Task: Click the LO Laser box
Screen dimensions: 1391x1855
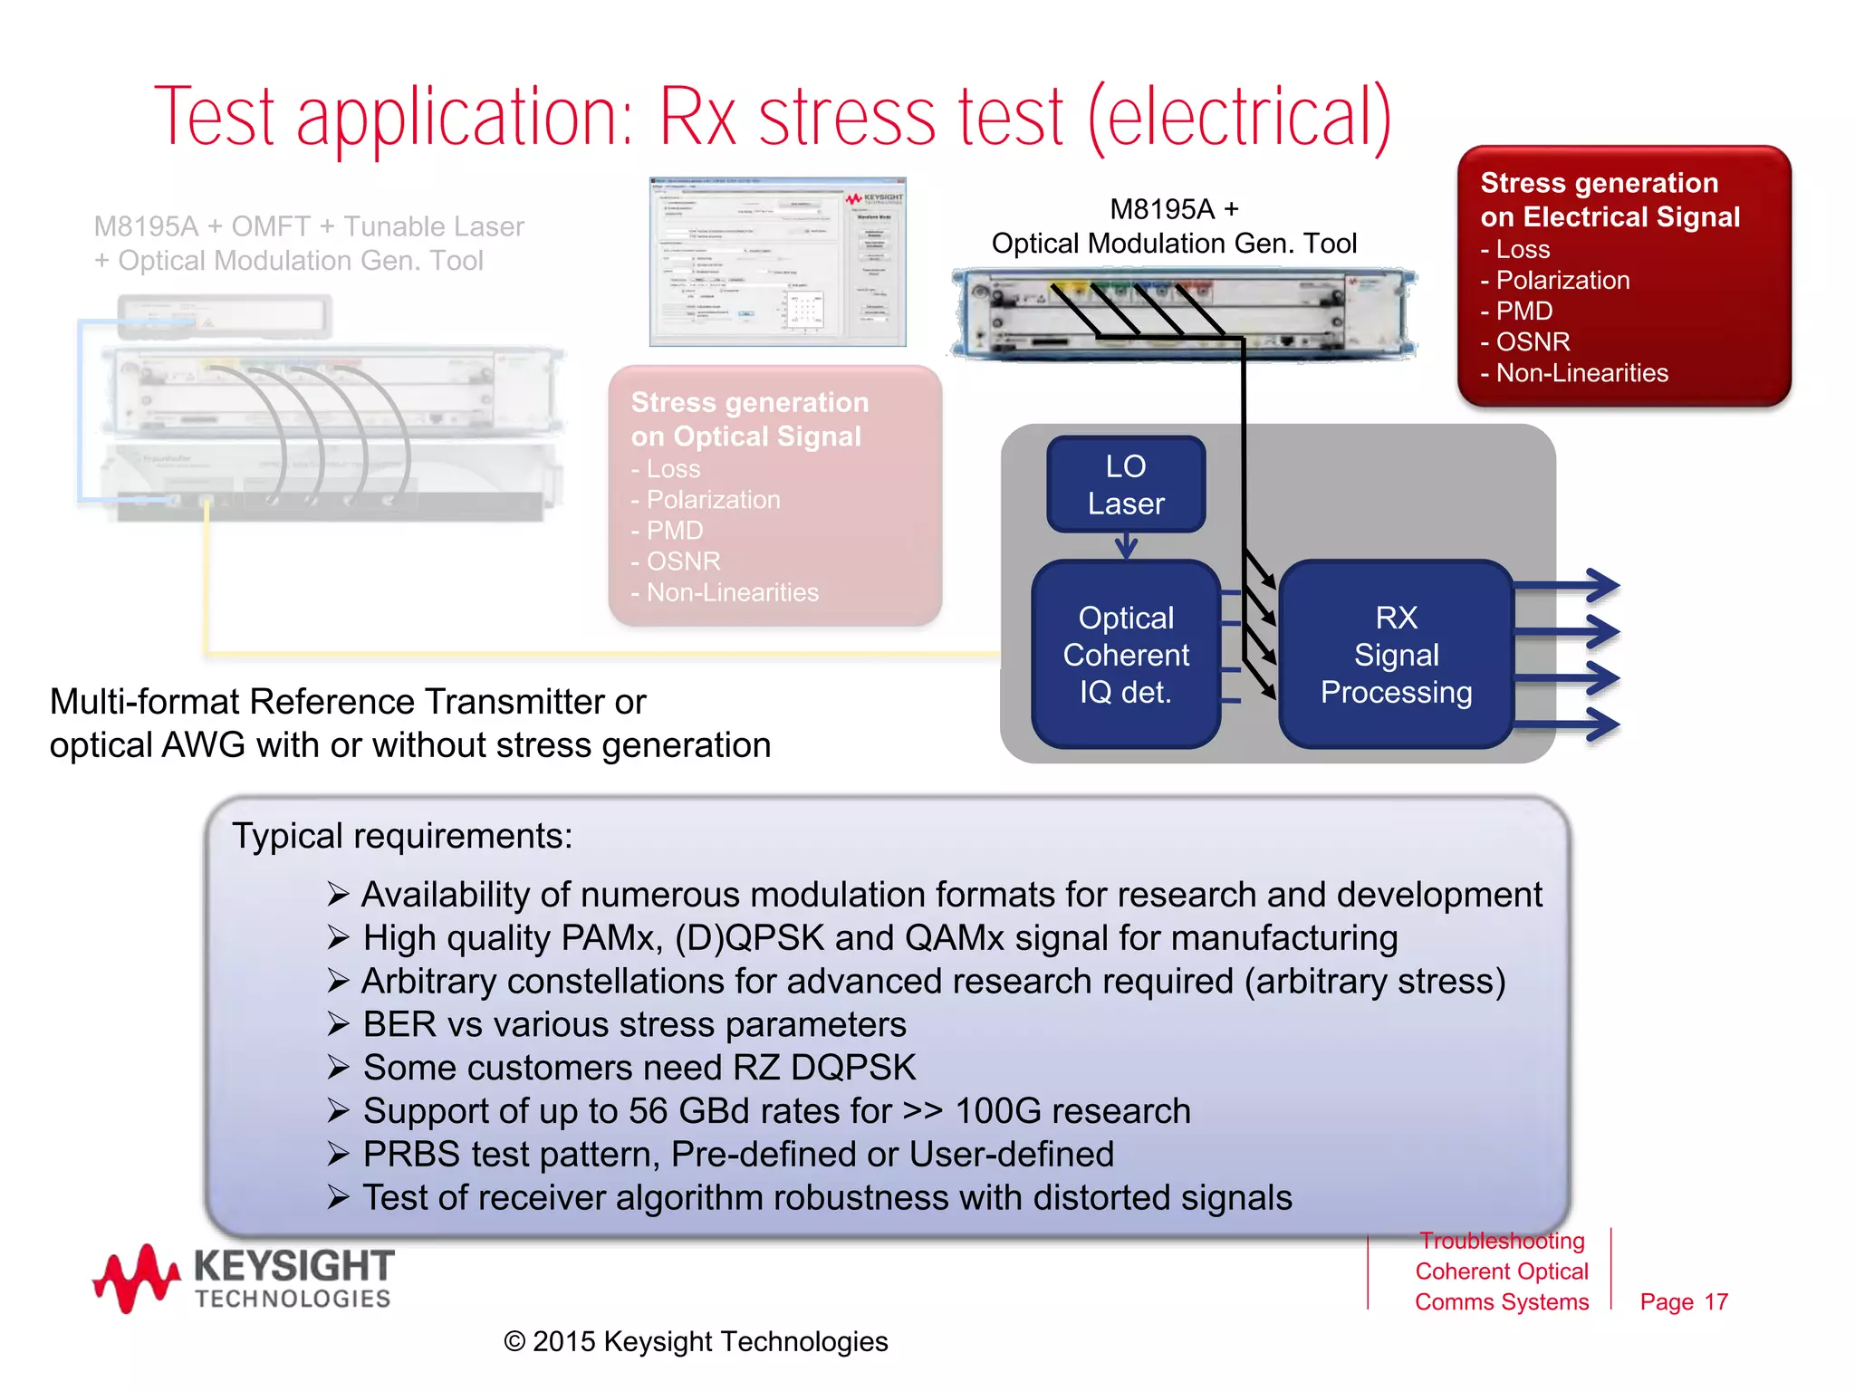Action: point(1125,484)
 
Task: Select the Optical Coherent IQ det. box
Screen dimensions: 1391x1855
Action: point(1125,654)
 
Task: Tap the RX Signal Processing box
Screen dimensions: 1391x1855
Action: point(1396,654)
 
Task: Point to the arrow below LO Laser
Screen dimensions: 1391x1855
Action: point(1126,545)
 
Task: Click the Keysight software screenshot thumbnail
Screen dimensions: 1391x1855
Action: point(777,262)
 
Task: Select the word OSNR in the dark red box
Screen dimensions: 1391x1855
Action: point(1533,342)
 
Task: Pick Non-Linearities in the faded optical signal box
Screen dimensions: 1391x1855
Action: point(732,592)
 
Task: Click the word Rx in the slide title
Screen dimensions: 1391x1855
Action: point(697,118)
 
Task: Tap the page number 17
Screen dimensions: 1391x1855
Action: point(1716,1301)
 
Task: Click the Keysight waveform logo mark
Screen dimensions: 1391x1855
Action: point(136,1278)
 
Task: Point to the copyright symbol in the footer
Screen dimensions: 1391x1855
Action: point(514,1341)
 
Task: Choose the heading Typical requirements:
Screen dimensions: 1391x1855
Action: point(402,836)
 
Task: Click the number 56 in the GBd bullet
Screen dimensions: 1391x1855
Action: point(648,1111)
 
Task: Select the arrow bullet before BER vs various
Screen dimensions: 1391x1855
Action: point(338,1024)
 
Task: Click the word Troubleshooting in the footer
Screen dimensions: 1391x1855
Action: point(1502,1241)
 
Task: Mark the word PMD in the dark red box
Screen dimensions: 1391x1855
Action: point(1523,312)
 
